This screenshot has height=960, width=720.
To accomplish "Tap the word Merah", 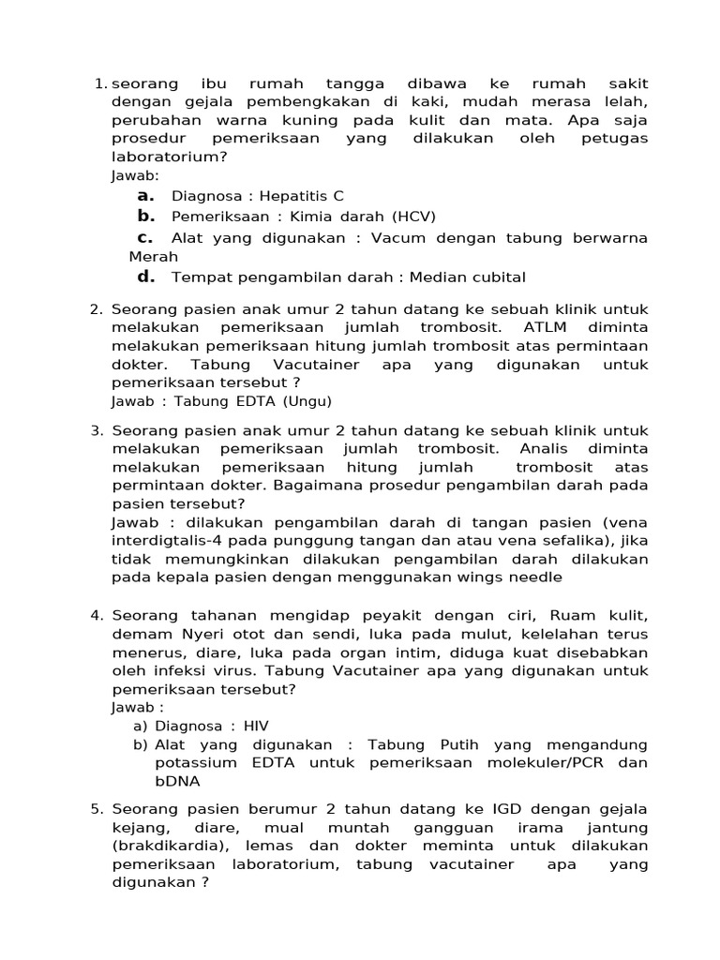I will coord(153,256).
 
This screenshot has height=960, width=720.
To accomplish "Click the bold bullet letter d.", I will coord(144,276).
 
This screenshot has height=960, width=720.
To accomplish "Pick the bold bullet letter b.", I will coord(144,216).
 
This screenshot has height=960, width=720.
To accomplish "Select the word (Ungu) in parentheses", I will coord(305,400).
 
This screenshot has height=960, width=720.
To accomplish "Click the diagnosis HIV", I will coord(255,726).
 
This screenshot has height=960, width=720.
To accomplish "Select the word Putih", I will coord(455,744).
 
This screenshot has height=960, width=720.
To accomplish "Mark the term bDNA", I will coord(177,781).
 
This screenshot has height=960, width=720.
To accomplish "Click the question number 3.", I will coord(96,430).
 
